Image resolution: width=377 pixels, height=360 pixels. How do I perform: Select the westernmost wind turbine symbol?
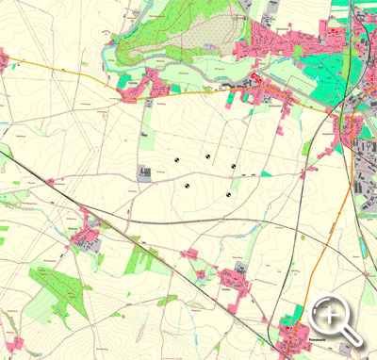(x=175, y=161)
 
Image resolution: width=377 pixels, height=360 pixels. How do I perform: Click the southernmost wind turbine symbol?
(x=227, y=194)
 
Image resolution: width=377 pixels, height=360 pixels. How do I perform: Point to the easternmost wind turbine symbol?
(x=233, y=166)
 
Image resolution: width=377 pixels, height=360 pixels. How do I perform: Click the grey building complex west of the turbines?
(x=144, y=172)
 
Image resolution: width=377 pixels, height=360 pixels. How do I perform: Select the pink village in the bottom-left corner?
(x=9, y=344)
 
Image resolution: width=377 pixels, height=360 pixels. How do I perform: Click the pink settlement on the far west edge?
(x=4, y=61)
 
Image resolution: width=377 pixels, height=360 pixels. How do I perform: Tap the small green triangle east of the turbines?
(x=267, y=173)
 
